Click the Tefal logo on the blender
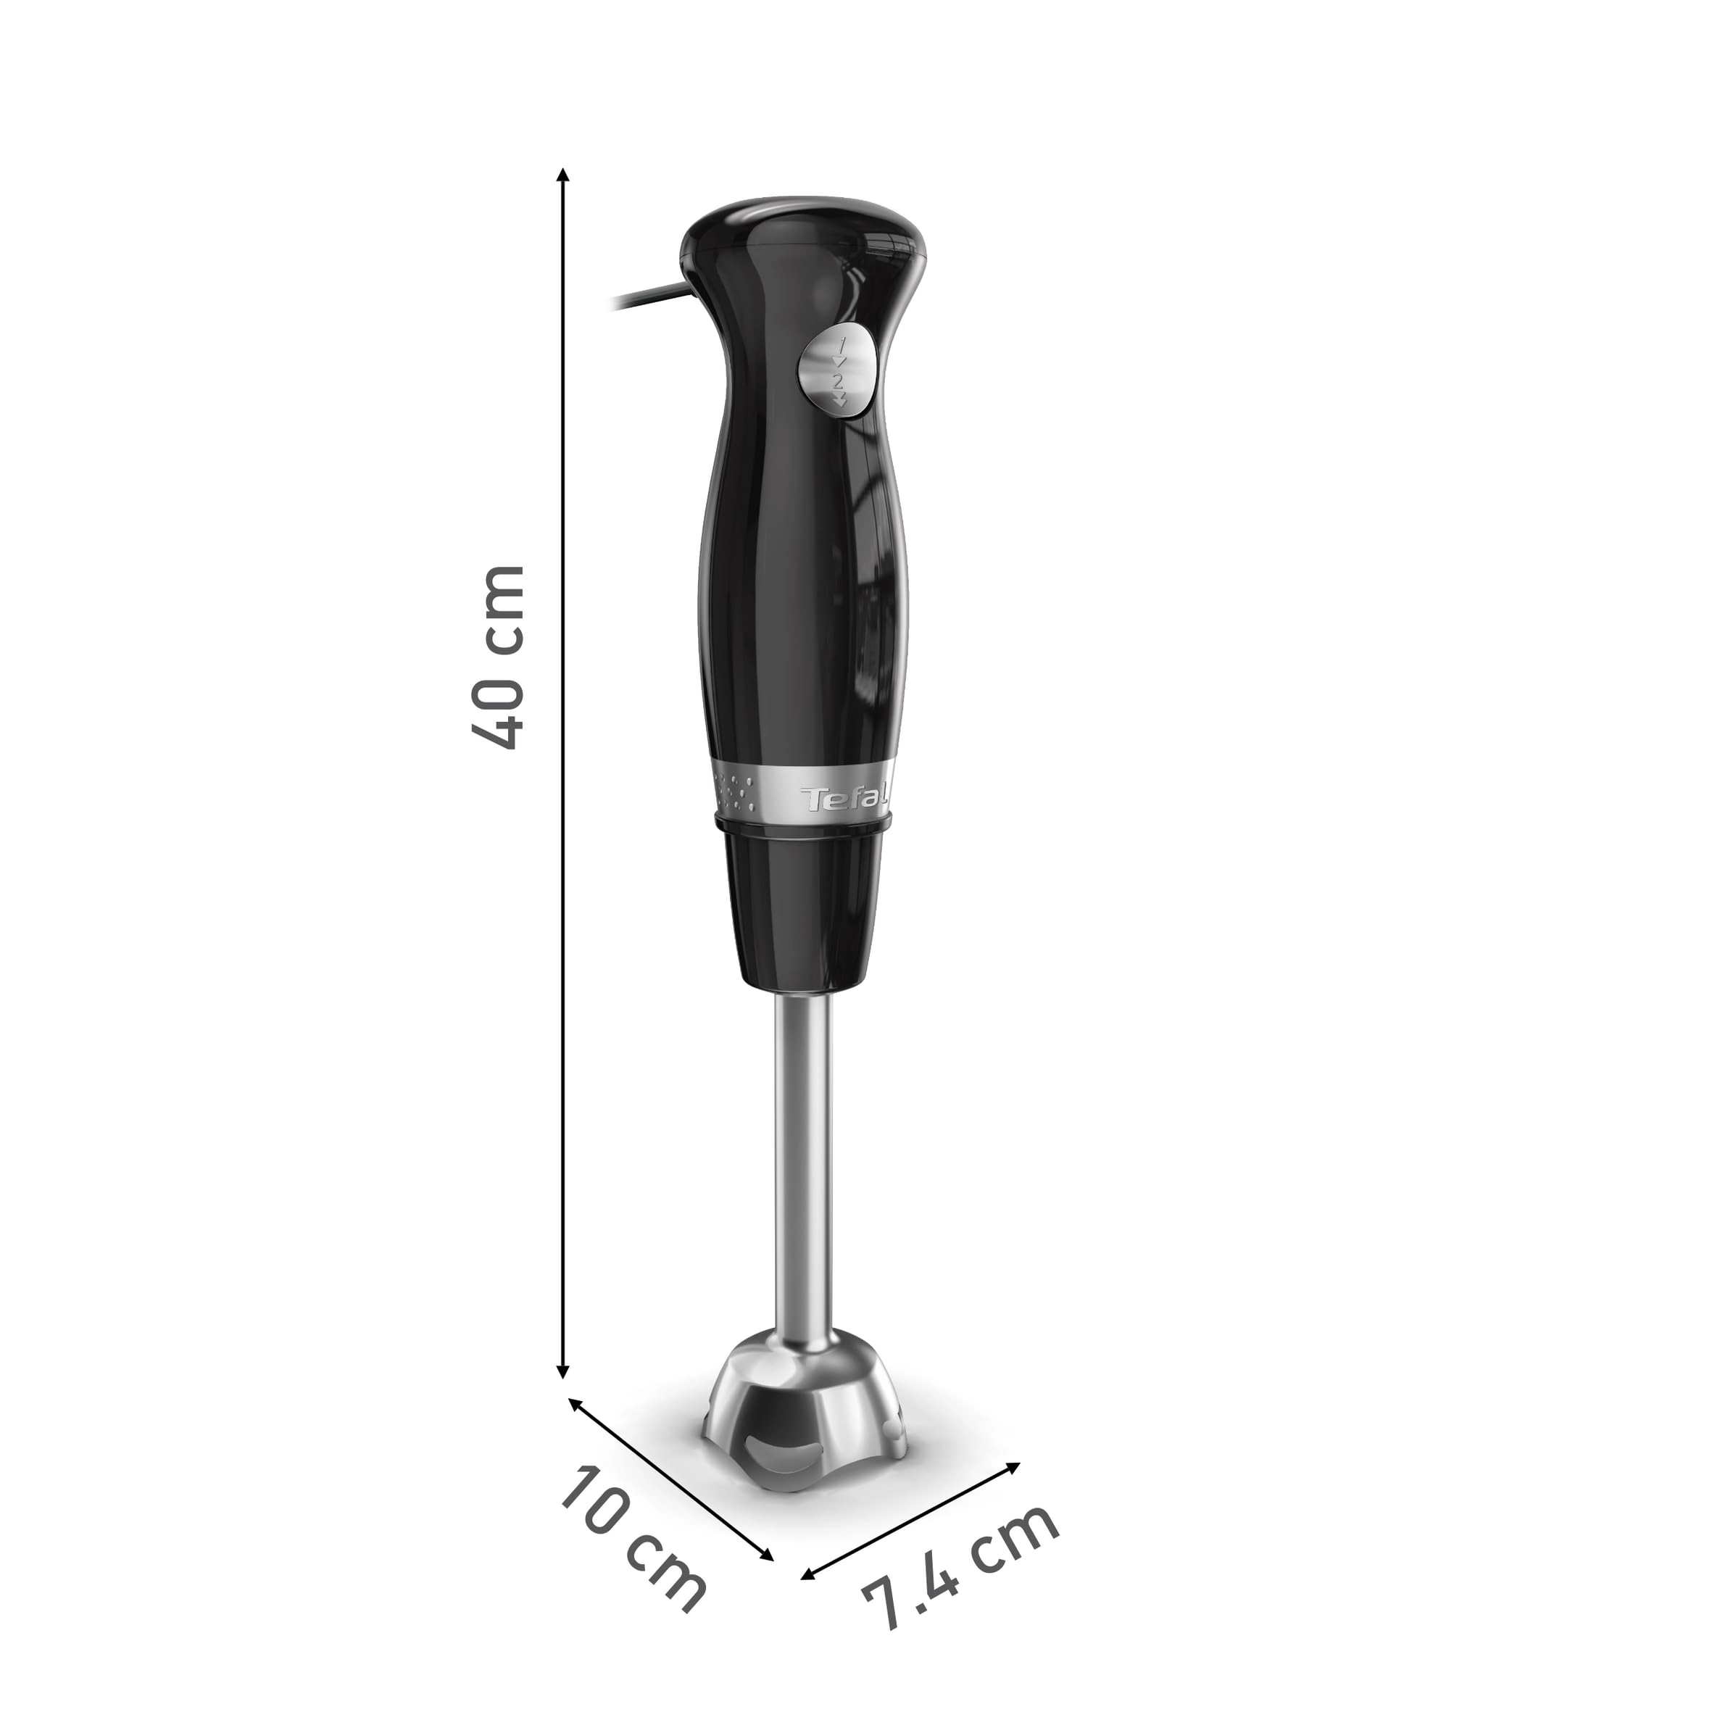tap(845, 799)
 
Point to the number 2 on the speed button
tap(837, 380)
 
